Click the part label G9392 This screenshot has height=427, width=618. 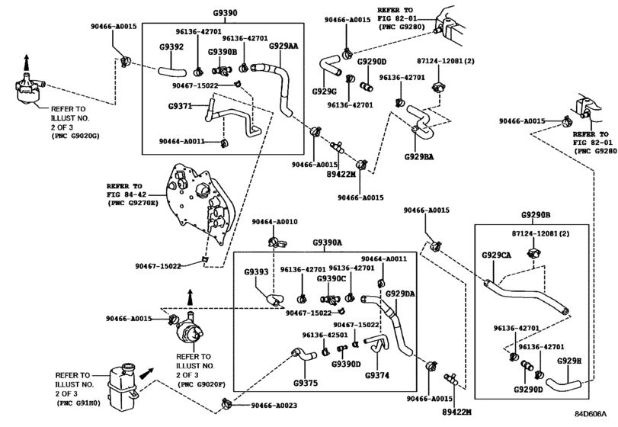171,47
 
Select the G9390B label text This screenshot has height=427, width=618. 223,52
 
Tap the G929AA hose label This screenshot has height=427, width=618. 283,46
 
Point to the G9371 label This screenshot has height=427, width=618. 180,106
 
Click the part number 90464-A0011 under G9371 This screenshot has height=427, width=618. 181,141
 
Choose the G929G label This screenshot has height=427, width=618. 325,91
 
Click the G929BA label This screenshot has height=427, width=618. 419,156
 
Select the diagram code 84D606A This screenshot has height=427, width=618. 591,413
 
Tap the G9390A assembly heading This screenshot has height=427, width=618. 327,242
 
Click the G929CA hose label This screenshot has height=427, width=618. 496,255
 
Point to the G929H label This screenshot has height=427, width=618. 569,361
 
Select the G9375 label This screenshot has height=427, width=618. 306,383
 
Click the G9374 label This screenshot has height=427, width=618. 377,375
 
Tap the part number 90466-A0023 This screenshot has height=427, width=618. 274,406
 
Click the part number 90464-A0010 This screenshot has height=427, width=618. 275,222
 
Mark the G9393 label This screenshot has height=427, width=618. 256,271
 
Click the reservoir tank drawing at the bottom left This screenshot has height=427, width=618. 122,387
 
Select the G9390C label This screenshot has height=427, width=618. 331,279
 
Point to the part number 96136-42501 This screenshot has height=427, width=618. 325,335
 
